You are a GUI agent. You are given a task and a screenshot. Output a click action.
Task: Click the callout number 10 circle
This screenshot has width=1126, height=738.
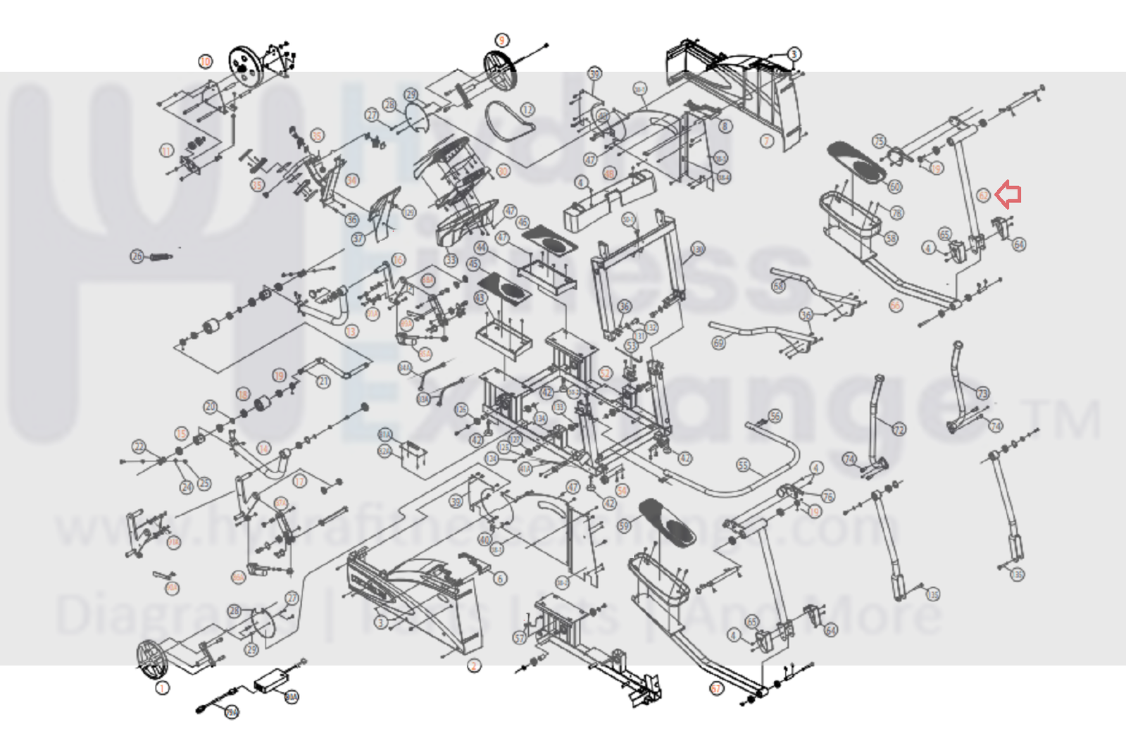pyautogui.click(x=205, y=61)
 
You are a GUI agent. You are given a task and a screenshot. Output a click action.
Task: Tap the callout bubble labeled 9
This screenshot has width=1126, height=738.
pyautogui.click(x=501, y=40)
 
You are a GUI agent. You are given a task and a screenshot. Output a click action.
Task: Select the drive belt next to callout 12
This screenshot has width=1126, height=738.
pyautogui.click(x=508, y=120)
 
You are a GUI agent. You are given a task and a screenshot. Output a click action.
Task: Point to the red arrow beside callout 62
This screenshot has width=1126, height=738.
pyautogui.click(x=1009, y=194)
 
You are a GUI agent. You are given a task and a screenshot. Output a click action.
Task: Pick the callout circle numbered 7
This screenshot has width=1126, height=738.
pyautogui.click(x=767, y=141)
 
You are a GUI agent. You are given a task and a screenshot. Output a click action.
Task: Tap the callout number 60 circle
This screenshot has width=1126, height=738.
pyautogui.click(x=894, y=187)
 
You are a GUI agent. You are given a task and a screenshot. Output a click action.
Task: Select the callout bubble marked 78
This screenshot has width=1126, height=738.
pyautogui.click(x=896, y=213)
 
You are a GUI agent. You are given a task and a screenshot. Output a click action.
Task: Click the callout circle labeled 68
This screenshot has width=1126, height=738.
pyautogui.click(x=778, y=286)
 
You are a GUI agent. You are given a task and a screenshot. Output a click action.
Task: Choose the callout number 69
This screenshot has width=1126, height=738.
pyautogui.click(x=718, y=343)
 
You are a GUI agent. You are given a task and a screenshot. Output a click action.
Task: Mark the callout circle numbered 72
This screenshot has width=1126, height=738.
pyautogui.click(x=899, y=430)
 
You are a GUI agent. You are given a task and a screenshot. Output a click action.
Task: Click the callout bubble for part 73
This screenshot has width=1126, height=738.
pyautogui.click(x=982, y=393)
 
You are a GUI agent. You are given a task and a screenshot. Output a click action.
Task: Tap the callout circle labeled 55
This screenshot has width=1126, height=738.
pyautogui.click(x=743, y=465)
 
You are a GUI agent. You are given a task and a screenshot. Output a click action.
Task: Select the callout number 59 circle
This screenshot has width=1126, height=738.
pyautogui.click(x=623, y=525)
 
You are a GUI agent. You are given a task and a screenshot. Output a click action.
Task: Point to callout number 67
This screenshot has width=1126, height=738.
pyautogui.click(x=716, y=688)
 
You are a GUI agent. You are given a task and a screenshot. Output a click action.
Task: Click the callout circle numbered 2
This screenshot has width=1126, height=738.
pyautogui.click(x=474, y=665)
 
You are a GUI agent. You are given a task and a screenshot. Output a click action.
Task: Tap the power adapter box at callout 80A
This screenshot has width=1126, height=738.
pyautogui.click(x=268, y=680)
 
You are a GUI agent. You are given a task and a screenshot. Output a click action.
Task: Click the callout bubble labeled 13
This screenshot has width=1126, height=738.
pyautogui.click(x=351, y=331)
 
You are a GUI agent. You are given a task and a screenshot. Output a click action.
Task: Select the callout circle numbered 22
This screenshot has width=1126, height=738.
pyautogui.click(x=139, y=446)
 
